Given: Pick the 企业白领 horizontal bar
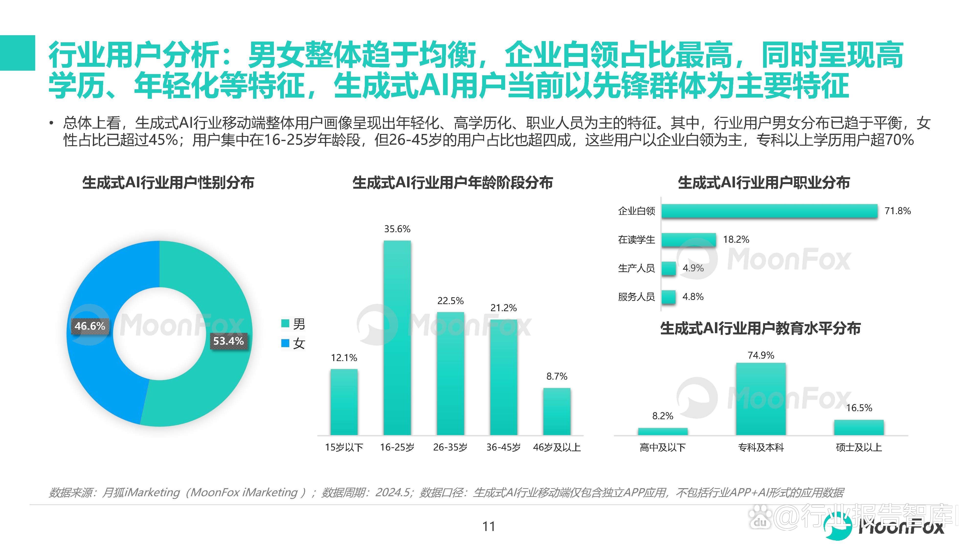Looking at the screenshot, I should pos(769,211).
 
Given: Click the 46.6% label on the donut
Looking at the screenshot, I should pos(90,326).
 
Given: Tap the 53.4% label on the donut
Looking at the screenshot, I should pos(228,341).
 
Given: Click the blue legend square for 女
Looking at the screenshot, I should pos(285,343).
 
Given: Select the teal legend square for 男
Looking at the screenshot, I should pos(285,324).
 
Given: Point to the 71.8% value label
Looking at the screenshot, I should pos(898,211).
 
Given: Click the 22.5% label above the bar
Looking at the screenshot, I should pos(450,301).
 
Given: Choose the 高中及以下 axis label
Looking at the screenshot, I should pos(663,448).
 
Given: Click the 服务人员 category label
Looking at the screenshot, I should pos(636,297).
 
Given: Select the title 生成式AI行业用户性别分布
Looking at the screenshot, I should pos(168,183).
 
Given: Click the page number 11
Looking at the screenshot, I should pos(489,527).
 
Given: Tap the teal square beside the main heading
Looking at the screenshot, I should pos(17,53).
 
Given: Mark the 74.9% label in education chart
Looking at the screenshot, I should pos(761,355).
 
